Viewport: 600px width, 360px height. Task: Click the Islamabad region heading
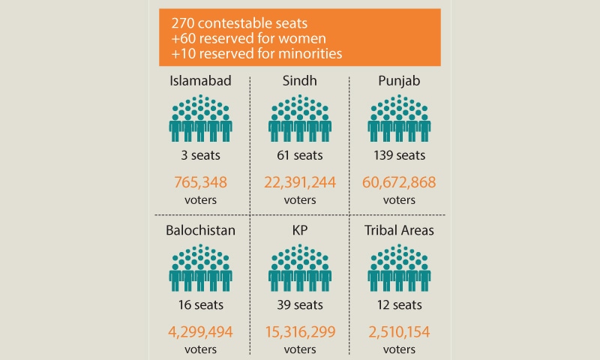coord(200,81)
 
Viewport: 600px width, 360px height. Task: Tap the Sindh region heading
coord(299,81)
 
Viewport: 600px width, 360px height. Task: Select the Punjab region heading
coord(399,82)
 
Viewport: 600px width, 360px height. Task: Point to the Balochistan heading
coord(200,230)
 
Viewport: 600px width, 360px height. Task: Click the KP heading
coord(299,230)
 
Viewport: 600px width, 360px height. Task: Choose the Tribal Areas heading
coord(399,230)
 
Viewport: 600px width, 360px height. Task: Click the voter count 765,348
coord(200,182)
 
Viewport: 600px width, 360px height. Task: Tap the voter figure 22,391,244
coord(299,182)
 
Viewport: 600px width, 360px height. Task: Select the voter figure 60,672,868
coord(399,182)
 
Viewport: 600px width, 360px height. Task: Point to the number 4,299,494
coord(200,332)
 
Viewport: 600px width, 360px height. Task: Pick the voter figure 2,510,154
coord(399,332)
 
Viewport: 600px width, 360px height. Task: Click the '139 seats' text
coord(399,155)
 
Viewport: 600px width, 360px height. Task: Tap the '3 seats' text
coord(200,155)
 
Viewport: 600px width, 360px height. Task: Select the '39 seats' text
coord(299,305)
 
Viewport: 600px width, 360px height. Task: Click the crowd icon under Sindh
coord(299,118)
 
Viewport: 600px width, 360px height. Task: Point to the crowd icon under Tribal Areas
coord(399,268)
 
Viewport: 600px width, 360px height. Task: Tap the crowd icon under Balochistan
coord(200,268)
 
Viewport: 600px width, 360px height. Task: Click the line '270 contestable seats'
coord(239,23)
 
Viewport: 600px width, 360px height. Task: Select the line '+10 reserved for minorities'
coord(256,53)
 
